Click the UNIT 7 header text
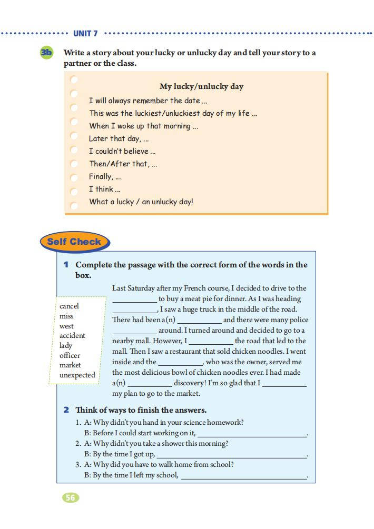coord(85,33)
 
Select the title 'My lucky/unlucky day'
coord(201,86)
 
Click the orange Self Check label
coord(74,242)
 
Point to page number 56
coord(71,497)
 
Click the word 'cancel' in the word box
coord(69,306)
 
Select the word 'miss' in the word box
coord(66,316)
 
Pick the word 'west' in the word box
coord(67,326)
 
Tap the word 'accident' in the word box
coord(72,335)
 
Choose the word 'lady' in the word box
coord(66,345)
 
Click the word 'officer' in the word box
coord(70,355)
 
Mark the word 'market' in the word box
coord(70,365)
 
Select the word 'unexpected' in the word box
coord(77,375)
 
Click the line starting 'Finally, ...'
coord(105,176)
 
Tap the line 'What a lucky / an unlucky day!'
coord(141,202)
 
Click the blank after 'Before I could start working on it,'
coord(252,434)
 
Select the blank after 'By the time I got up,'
coord(231,455)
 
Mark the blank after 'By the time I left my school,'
coord(243,476)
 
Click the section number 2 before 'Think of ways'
coord(66,410)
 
